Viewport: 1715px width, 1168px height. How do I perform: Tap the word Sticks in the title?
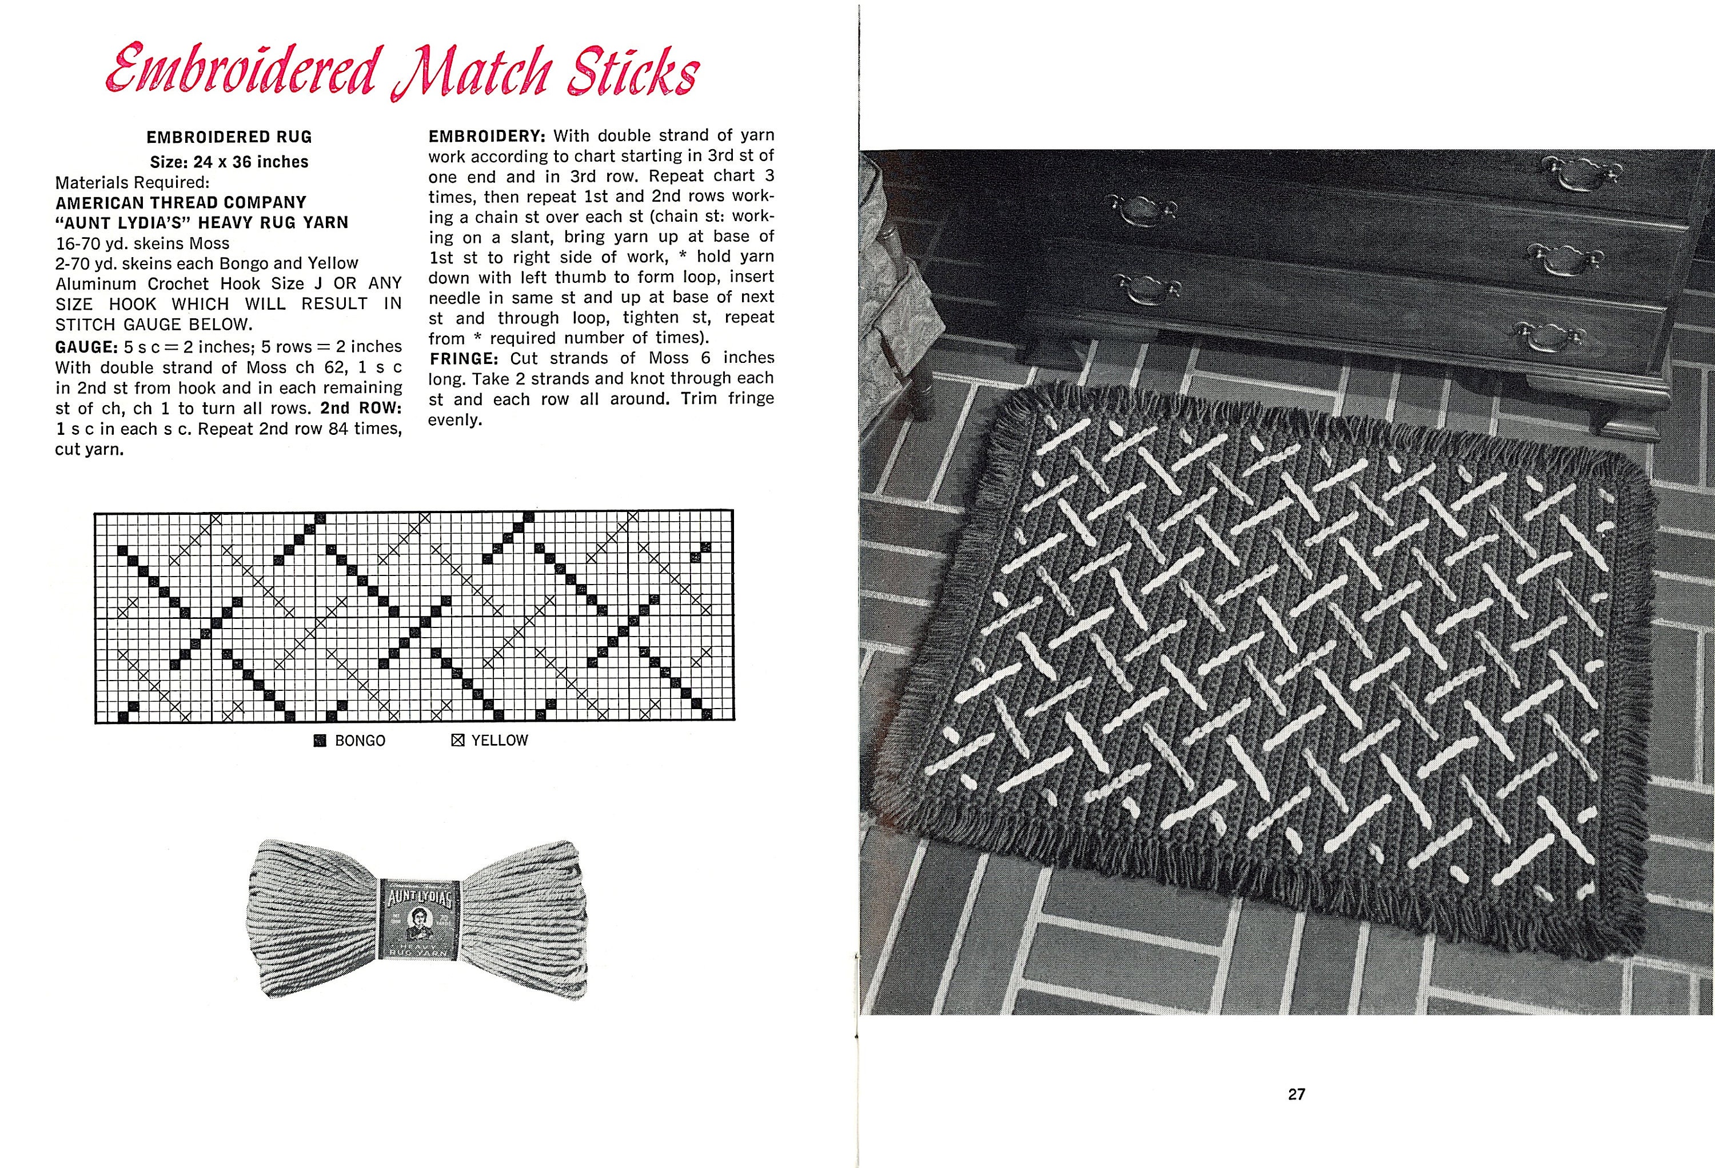[x=632, y=73]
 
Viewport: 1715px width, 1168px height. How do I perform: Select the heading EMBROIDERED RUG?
[x=229, y=137]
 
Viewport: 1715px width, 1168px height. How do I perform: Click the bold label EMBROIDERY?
[x=487, y=136]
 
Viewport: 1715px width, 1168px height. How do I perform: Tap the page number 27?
[x=1297, y=1094]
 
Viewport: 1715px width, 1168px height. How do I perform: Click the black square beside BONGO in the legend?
[x=320, y=741]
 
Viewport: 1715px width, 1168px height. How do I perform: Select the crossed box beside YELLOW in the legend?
[x=457, y=740]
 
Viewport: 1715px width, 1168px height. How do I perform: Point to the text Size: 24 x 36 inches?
[x=229, y=162]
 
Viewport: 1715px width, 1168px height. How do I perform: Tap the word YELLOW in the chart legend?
[x=500, y=740]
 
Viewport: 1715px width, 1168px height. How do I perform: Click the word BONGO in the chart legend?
[x=360, y=741]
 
